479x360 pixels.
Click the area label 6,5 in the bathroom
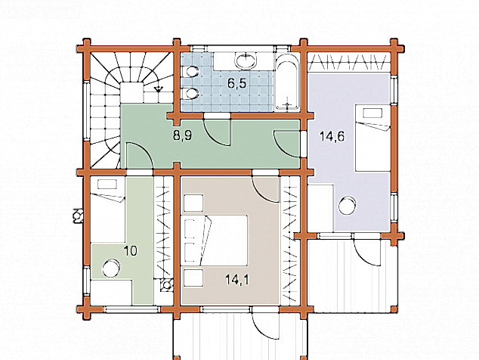[x=236, y=83]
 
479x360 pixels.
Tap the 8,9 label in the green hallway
[x=182, y=135]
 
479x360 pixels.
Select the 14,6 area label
[x=332, y=136]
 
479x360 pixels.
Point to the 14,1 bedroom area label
[x=237, y=279]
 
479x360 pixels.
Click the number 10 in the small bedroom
[x=131, y=251]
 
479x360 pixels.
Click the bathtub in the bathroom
[x=287, y=82]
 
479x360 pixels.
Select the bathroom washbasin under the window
[x=246, y=61]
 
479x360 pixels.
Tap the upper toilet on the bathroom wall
[x=190, y=72]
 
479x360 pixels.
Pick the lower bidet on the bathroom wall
[x=190, y=94]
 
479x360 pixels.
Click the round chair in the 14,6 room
[x=347, y=206]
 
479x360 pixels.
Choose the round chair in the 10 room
[x=110, y=268]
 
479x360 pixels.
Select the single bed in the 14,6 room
[x=372, y=138]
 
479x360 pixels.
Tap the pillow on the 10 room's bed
[x=107, y=185]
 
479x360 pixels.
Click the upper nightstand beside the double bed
[x=193, y=203]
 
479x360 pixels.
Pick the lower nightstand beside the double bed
[x=193, y=278]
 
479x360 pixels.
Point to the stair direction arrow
[x=158, y=89]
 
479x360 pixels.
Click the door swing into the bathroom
[x=217, y=132]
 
